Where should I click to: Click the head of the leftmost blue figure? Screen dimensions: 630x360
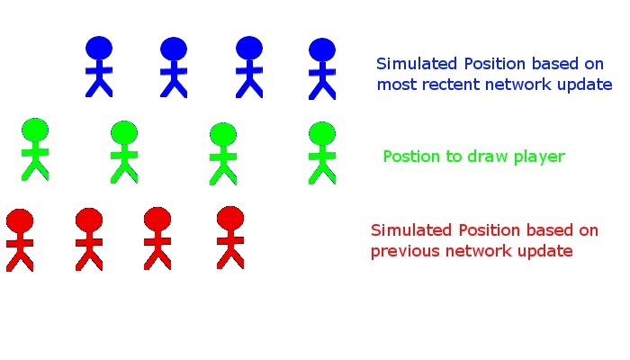click(x=99, y=48)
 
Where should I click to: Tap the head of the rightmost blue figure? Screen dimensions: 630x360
click(x=322, y=49)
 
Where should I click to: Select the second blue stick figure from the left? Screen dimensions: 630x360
click(x=174, y=67)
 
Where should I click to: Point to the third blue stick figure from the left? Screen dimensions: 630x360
click(x=249, y=67)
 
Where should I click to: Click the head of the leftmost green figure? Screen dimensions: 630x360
click(x=35, y=130)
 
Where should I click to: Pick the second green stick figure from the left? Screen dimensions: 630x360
click(x=124, y=152)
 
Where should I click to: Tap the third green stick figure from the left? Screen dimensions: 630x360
click(x=223, y=154)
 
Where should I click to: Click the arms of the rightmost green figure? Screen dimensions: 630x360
click(x=322, y=156)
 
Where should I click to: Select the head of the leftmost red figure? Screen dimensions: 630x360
click(x=20, y=220)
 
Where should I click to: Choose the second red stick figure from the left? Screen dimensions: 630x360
click(x=89, y=239)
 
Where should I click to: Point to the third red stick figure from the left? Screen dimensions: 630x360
click(x=157, y=238)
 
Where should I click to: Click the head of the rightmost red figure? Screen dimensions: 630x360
click(x=230, y=218)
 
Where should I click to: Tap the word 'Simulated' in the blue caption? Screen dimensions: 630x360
click(x=417, y=64)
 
